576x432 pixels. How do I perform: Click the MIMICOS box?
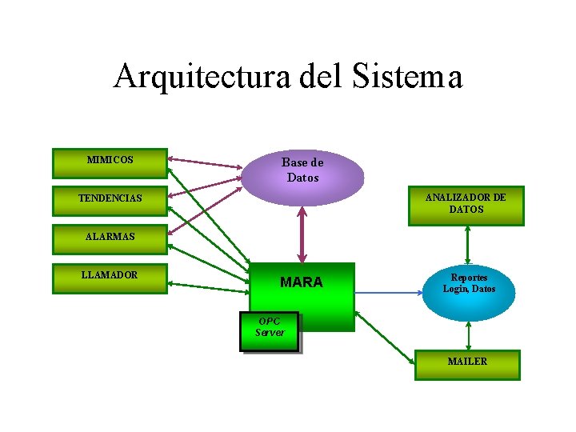[110, 162]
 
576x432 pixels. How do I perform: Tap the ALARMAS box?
[110, 238]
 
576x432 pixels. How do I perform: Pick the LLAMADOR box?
[110, 278]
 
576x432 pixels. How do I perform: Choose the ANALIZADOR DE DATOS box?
[466, 205]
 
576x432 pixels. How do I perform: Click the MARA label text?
[302, 282]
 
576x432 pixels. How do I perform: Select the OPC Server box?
[270, 330]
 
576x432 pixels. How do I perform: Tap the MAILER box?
[467, 364]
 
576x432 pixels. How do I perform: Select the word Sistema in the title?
[406, 77]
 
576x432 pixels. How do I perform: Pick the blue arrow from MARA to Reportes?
[388, 292]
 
